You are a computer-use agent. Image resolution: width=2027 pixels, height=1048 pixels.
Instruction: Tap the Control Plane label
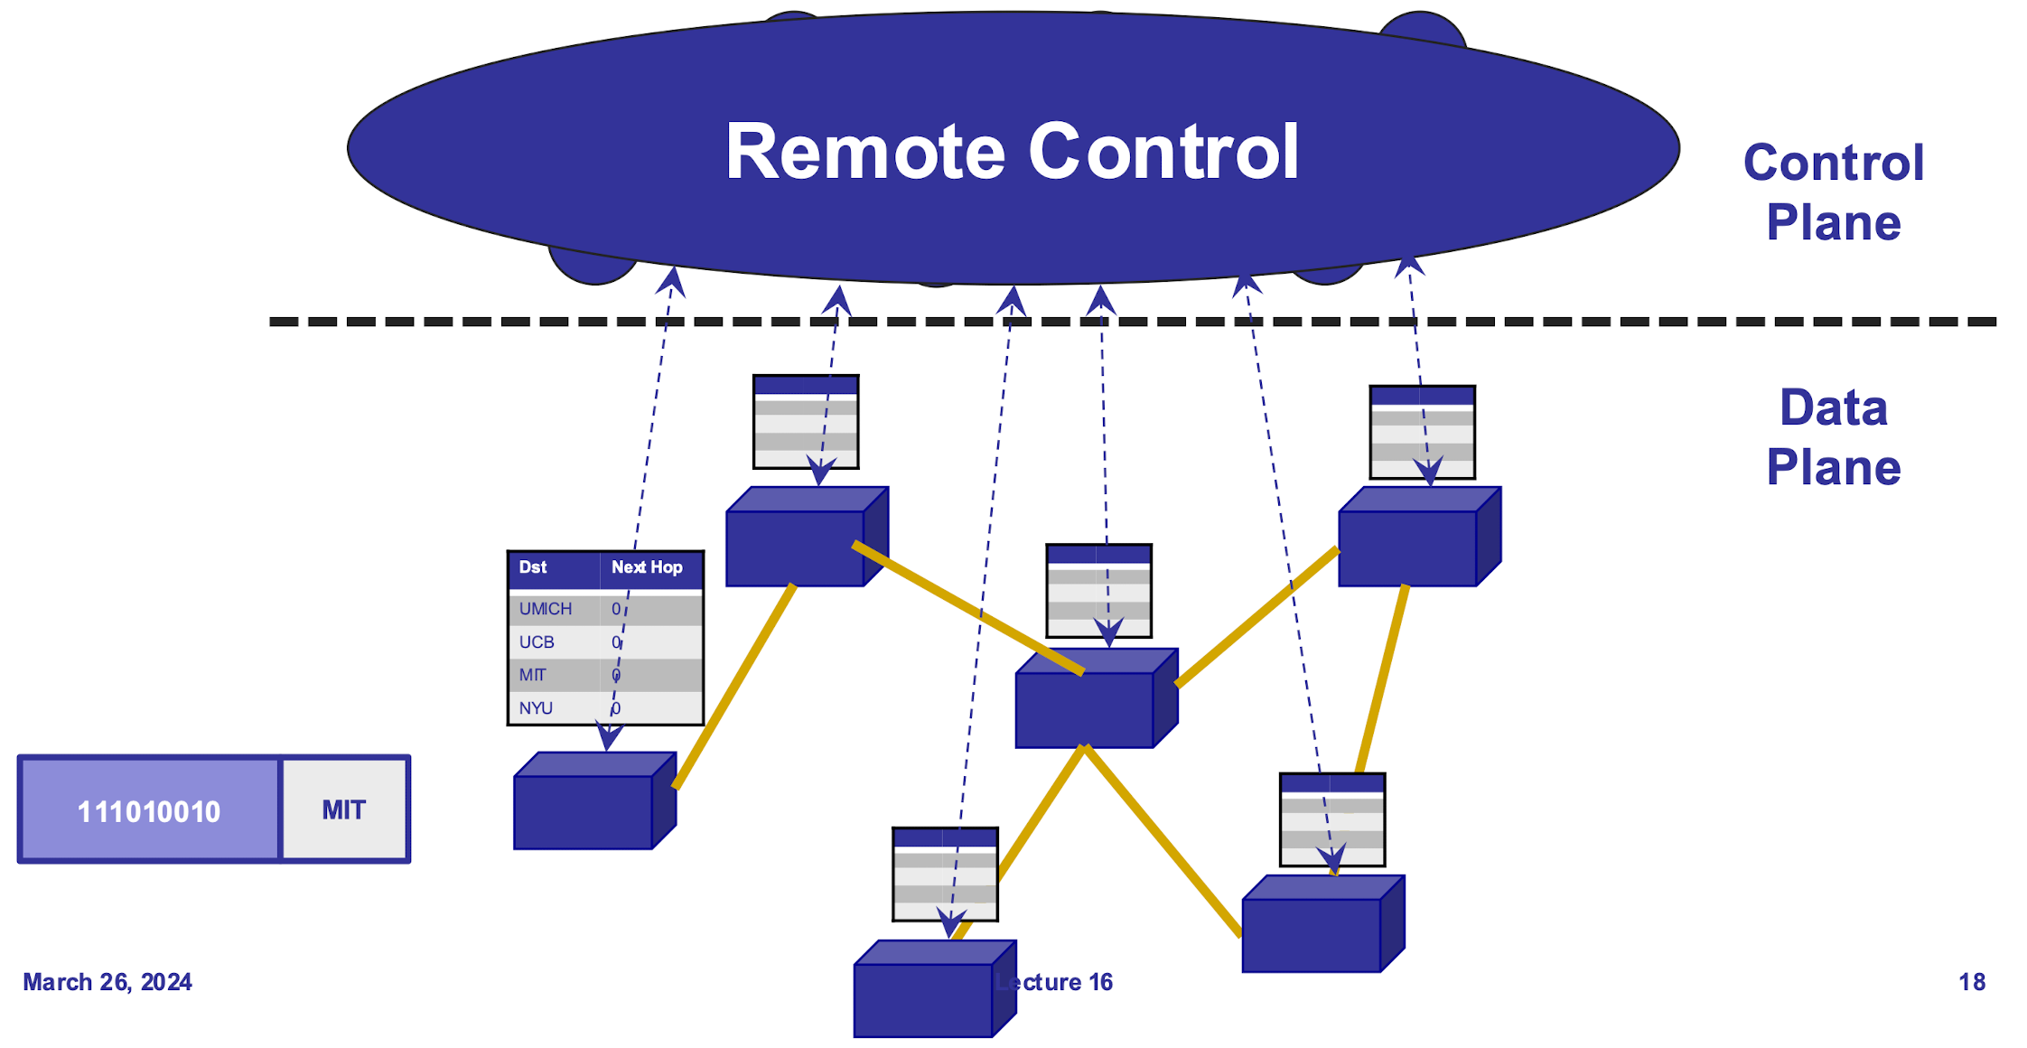click(1833, 192)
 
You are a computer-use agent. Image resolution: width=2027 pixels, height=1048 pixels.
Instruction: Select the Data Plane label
click(1833, 437)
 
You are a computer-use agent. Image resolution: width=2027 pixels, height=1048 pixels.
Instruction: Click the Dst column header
click(532, 567)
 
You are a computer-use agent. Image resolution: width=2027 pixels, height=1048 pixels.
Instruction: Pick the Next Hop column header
click(647, 567)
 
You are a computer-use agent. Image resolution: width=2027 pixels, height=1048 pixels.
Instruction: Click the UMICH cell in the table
click(545, 609)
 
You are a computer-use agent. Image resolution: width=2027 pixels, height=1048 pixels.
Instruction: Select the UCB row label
click(537, 642)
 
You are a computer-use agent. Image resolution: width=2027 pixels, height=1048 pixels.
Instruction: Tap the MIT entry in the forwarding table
click(532, 675)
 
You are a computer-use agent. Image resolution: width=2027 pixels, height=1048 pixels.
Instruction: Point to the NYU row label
click(536, 708)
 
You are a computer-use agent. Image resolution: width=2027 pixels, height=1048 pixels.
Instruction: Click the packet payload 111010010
click(149, 811)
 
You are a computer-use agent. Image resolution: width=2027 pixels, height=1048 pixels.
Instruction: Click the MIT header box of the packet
click(344, 809)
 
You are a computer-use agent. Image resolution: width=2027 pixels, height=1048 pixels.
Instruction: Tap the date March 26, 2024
click(107, 982)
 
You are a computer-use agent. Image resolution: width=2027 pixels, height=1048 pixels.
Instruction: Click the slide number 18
click(1972, 982)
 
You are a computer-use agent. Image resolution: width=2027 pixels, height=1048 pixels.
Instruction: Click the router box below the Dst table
click(584, 811)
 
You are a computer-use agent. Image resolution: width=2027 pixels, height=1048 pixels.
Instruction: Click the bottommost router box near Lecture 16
click(923, 999)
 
